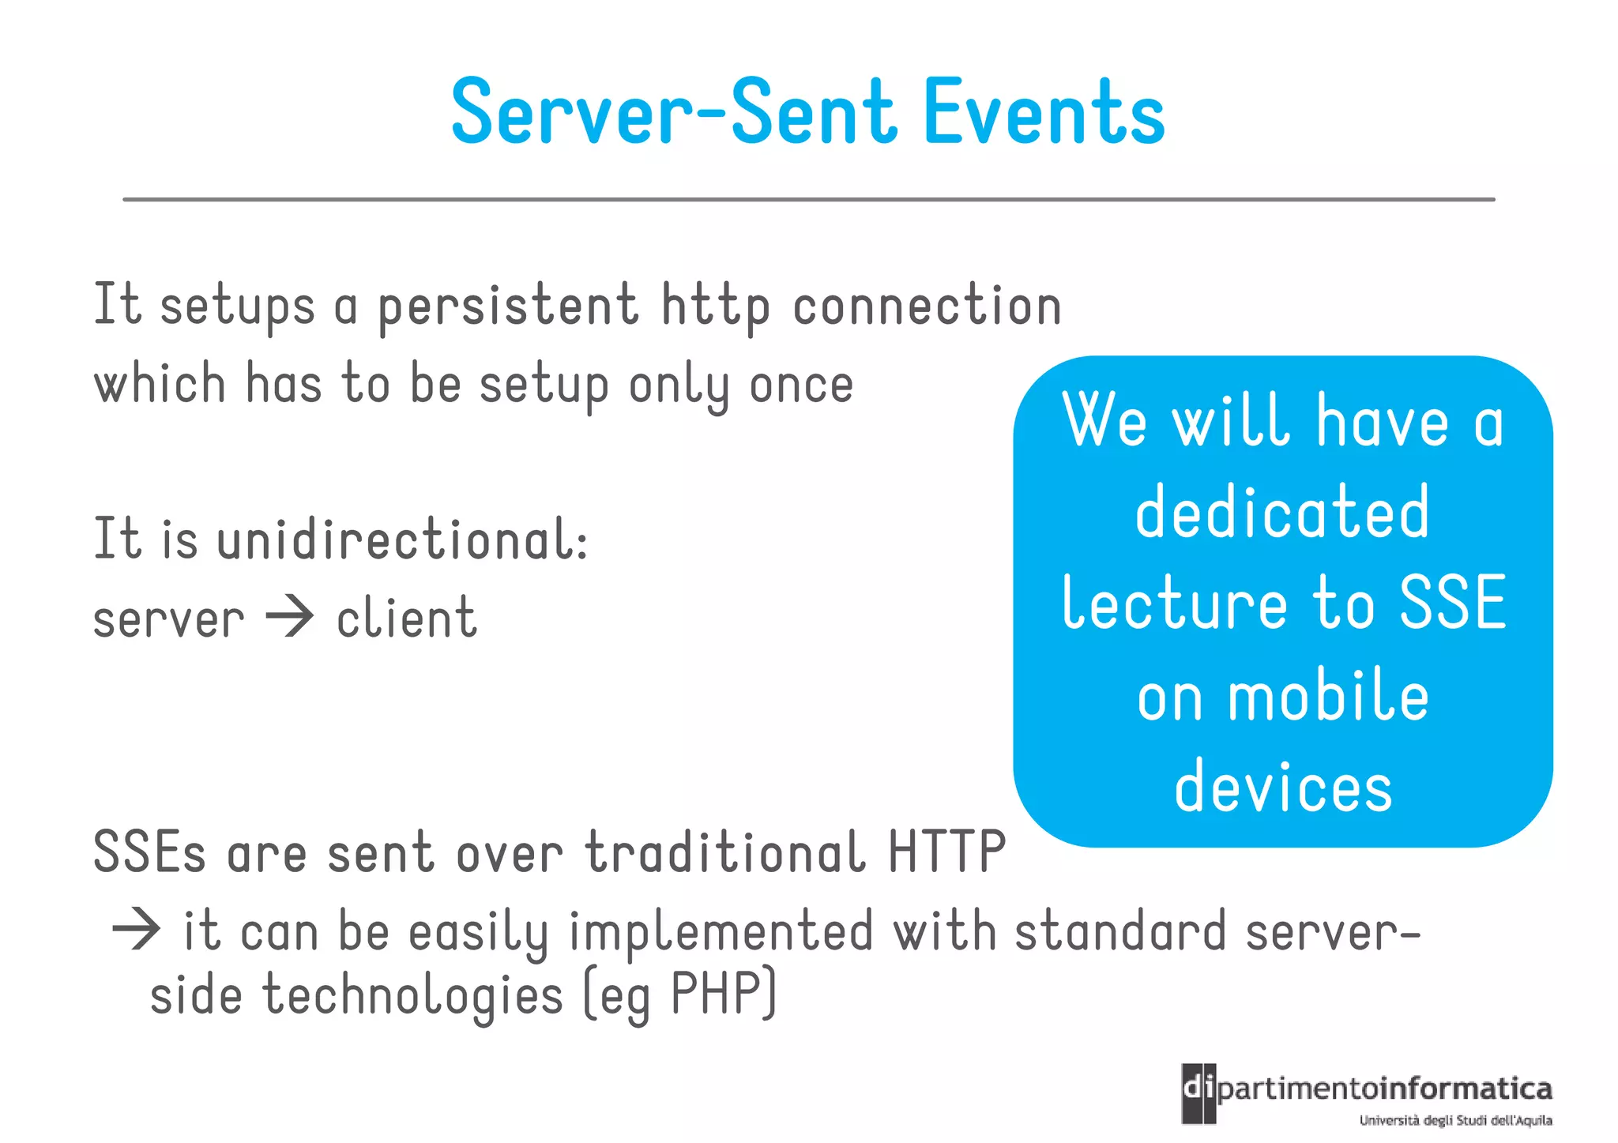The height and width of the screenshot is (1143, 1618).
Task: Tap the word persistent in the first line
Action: (507, 306)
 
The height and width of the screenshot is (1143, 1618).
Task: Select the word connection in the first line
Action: (926, 306)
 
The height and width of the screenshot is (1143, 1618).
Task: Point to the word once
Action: (800, 385)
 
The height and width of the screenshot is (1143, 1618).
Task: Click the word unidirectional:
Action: (403, 540)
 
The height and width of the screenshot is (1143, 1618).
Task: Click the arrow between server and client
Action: (290, 618)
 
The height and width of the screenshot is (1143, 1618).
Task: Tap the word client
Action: (406, 618)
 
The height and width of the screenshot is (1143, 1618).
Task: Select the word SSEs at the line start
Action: (149, 853)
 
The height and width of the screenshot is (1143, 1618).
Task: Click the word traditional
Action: (724, 853)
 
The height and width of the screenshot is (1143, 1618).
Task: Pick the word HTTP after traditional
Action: (946, 853)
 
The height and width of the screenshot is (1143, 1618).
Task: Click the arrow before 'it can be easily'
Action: (136, 931)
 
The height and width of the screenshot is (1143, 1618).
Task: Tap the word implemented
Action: (721, 932)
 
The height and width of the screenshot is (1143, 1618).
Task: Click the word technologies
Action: (412, 995)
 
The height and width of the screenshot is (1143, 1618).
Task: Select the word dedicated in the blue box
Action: (1282, 513)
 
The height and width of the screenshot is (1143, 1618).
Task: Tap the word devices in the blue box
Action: (1282, 788)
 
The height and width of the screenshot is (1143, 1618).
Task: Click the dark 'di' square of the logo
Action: (1198, 1093)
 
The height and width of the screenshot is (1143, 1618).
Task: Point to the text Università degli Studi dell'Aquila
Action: (1455, 1121)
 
